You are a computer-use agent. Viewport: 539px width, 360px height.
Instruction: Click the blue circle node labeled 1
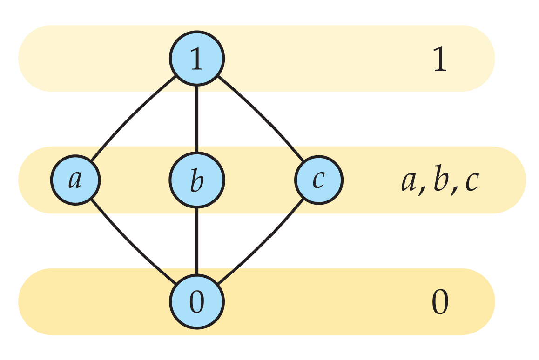pos(197,59)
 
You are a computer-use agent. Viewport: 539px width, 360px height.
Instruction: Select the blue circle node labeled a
pos(75,180)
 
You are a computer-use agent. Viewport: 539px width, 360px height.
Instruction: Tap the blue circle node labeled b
pos(197,180)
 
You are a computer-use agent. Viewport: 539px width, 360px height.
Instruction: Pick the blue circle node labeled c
pos(318,180)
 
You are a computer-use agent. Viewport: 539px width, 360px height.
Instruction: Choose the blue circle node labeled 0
pos(197,302)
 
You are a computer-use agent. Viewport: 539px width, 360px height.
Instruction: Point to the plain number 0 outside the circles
pos(440,302)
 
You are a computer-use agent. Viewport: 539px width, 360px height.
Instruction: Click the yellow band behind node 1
pos(93,58)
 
